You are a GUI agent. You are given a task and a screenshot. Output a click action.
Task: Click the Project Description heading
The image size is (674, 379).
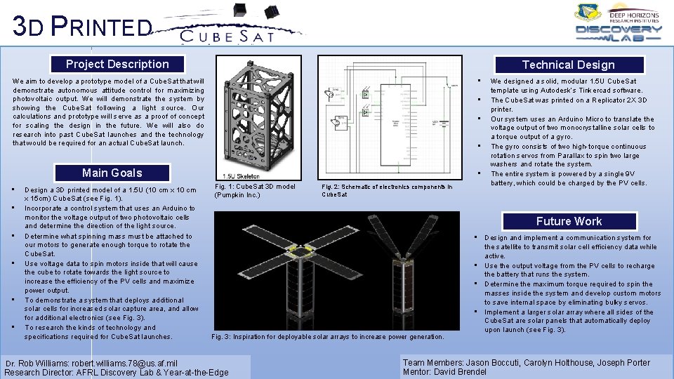pyautogui.click(x=117, y=64)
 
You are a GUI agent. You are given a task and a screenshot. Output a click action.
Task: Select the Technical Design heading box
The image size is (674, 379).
pyautogui.click(x=568, y=65)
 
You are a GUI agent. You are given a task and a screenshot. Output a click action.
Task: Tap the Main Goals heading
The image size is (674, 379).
pyautogui.click(x=112, y=173)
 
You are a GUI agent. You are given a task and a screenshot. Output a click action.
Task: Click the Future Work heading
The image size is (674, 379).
pyautogui.click(x=569, y=221)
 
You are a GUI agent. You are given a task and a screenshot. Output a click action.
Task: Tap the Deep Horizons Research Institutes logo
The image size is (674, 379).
pyautogui.click(x=634, y=15)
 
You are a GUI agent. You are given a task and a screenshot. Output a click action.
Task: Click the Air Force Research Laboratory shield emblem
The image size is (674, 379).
pyautogui.click(x=587, y=12)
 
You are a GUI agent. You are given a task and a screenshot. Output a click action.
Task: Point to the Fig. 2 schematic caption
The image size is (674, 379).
pyautogui.click(x=387, y=191)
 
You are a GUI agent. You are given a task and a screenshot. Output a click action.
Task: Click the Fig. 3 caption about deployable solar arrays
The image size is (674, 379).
pyautogui.click(x=328, y=337)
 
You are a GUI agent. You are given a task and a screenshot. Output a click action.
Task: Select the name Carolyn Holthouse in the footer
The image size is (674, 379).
pyautogui.click(x=559, y=362)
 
